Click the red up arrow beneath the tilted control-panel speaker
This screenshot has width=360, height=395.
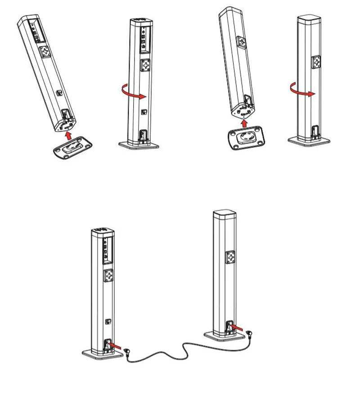pyautogui.click(x=67, y=135)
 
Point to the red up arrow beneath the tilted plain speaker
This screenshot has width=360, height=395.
pyautogui.click(x=243, y=122)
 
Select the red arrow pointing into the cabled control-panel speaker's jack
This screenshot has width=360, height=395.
pyautogui.click(x=115, y=345)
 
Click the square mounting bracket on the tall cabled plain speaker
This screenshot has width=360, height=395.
pyautogui.click(x=229, y=258)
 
